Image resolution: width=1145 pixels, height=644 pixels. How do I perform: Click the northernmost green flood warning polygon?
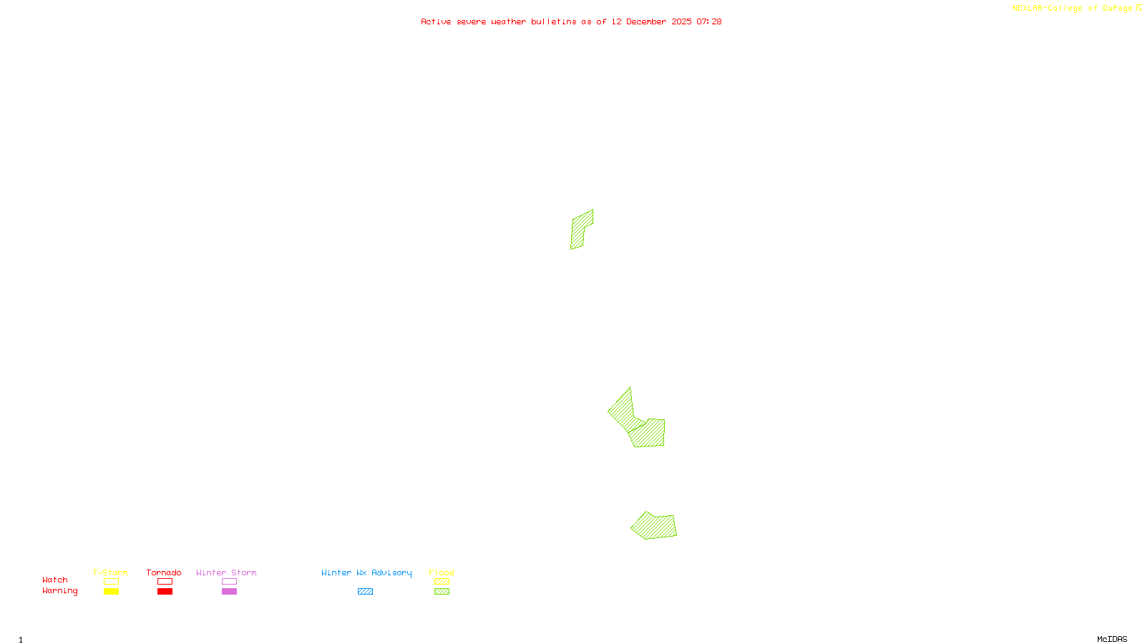tap(580, 229)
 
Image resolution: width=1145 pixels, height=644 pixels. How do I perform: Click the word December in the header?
tap(646, 21)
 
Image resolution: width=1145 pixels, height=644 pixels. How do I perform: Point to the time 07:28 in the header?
tap(708, 21)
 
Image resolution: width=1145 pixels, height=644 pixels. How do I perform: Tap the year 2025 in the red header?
tap(681, 21)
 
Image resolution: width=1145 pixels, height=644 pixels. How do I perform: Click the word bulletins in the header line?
tap(553, 21)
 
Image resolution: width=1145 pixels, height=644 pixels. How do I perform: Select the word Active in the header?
tap(436, 21)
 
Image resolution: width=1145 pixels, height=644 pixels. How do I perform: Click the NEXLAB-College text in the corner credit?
tap(1047, 8)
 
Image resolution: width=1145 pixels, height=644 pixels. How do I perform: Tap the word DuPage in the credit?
tap(1117, 8)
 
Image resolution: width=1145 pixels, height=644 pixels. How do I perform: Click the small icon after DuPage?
tap(1139, 8)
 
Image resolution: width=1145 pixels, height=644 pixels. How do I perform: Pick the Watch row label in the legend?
tap(55, 580)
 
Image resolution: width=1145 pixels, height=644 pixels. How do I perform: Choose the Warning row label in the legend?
tap(59, 591)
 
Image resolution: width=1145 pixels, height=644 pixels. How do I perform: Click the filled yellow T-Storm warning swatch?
tap(111, 592)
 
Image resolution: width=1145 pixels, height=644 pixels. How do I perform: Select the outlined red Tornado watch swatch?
tap(165, 582)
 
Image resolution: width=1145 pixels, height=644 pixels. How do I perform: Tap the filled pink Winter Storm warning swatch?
tap(229, 592)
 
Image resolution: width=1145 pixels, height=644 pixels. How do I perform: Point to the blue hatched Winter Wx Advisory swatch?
tap(365, 592)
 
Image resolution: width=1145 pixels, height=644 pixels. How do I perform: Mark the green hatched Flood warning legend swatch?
tap(442, 592)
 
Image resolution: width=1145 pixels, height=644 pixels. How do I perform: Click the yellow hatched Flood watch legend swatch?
tap(442, 582)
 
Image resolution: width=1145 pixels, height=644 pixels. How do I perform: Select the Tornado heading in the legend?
tap(164, 572)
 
